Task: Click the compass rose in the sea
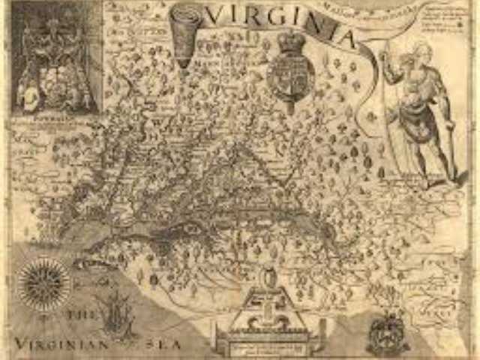(x=45, y=284)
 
